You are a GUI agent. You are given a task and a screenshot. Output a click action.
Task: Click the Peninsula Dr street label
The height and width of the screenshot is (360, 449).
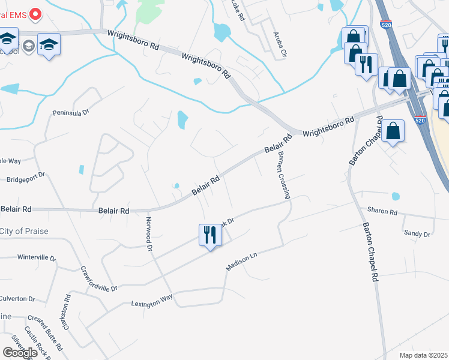coord(70,112)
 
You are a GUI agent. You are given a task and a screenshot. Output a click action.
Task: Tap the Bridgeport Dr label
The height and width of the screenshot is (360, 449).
coord(25,178)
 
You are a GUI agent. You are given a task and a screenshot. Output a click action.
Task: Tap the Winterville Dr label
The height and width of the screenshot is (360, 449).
coord(37,258)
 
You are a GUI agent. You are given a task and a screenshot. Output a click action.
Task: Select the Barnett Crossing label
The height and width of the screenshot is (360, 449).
coord(283,175)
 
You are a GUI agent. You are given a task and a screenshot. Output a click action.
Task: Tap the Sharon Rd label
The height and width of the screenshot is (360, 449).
coord(382,212)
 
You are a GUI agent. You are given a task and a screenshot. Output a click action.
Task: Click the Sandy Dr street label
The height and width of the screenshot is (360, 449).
coord(417,233)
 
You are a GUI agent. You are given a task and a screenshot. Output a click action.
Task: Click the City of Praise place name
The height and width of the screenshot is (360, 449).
coord(24,231)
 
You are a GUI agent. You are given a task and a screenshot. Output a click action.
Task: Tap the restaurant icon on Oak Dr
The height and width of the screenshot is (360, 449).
coord(209,235)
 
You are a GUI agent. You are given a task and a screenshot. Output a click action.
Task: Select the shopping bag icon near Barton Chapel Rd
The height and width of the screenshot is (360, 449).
coord(393,131)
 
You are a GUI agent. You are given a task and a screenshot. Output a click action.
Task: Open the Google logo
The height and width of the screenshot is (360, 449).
coord(20,352)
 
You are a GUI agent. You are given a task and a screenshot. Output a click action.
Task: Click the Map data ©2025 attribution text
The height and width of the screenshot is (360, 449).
coord(423,355)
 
